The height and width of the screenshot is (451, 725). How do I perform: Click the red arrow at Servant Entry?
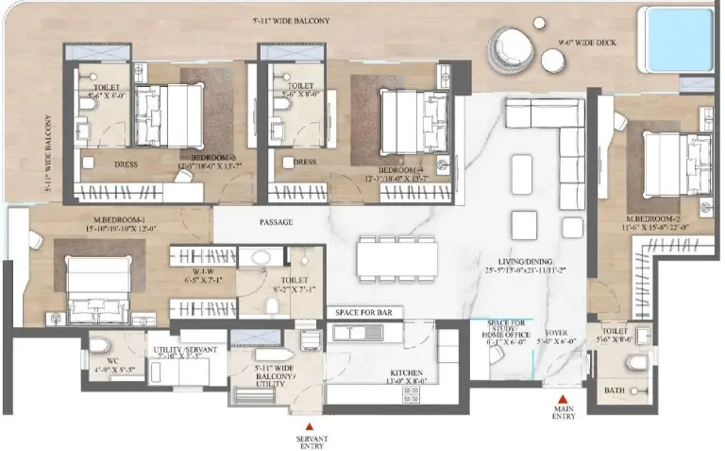[x=308, y=424]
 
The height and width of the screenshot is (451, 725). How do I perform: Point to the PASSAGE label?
[x=275, y=223]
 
